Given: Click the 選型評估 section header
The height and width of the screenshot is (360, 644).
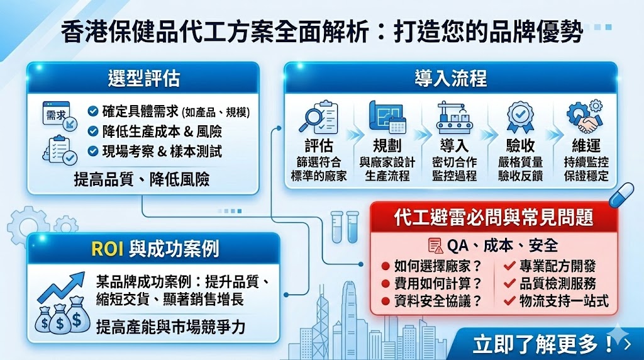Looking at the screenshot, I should pyautogui.click(x=143, y=78).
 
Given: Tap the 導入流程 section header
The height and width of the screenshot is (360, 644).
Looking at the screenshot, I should pyautogui.click(x=450, y=78).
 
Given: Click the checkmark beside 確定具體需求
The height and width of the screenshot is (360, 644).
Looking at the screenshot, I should pyautogui.click(x=92, y=112).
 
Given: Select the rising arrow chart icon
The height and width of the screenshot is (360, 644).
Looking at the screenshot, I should pyautogui.click(x=61, y=286).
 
